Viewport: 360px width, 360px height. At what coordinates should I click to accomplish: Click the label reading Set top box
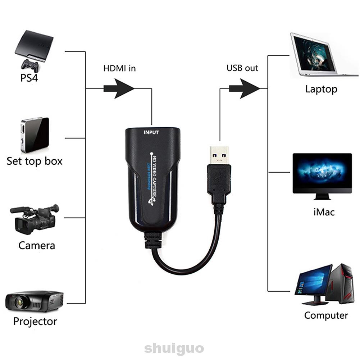pyautogui.click(x=35, y=161)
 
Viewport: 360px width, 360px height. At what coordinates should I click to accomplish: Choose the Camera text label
pyautogui.click(x=37, y=246)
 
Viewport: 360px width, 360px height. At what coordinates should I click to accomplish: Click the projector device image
pyautogui.click(x=35, y=301)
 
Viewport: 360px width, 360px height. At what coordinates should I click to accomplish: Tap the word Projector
pyautogui.click(x=35, y=321)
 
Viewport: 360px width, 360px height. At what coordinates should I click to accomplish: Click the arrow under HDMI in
pyautogui.click(x=119, y=88)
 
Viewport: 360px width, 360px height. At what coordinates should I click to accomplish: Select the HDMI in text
pyautogui.click(x=120, y=68)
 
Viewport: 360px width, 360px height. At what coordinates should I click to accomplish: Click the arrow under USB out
pyautogui.click(x=244, y=88)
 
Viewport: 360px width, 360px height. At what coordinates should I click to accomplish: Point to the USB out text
pyautogui.click(x=242, y=68)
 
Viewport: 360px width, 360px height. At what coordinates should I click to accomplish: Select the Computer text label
pyautogui.click(x=326, y=315)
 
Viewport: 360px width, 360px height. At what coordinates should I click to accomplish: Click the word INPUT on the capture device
pyautogui.click(x=151, y=132)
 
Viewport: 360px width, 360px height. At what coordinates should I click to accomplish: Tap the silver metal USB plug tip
pyautogui.click(x=219, y=155)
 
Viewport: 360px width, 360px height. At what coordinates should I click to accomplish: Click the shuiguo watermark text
pyautogui.click(x=174, y=348)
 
